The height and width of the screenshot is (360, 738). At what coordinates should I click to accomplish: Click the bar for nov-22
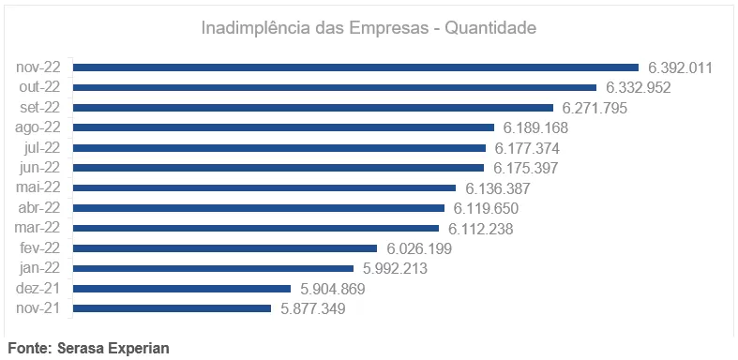coord(355,67)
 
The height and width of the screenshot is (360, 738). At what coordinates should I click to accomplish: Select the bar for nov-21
coord(172,308)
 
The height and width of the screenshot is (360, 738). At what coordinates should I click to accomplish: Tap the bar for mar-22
coord(256,228)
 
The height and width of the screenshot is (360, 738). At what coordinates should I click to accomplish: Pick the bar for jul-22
coord(279,148)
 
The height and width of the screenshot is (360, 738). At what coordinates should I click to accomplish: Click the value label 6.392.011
coord(682,67)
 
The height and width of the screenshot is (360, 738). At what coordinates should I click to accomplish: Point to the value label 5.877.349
coord(313,308)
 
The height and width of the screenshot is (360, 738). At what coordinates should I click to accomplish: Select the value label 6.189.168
coord(536,127)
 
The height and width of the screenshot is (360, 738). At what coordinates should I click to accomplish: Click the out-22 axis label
coord(39,87)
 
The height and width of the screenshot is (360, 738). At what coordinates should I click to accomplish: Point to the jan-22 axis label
coord(39,268)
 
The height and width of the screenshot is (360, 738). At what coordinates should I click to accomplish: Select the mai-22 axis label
coord(38,187)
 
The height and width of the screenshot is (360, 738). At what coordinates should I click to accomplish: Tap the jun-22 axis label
coord(39,168)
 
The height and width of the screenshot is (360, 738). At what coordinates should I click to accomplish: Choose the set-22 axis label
coord(39,108)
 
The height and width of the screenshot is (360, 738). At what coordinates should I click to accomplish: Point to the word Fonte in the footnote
coord(29,348)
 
